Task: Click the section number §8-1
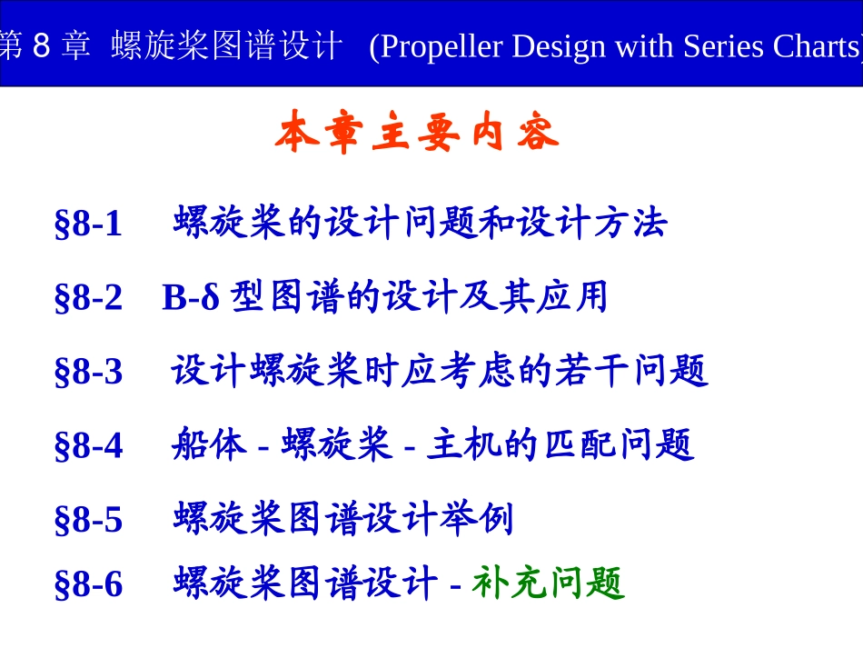point(88,224)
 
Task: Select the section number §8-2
point(88,298)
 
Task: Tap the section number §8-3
point(88,372)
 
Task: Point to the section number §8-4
point(88,445)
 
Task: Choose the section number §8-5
point(88,520)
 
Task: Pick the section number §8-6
point(88,584)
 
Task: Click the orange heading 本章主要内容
point(417,135)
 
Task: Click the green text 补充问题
point(548,583)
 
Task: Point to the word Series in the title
point(720,46)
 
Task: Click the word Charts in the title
point(814,46)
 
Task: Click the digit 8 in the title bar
point(39,46)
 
